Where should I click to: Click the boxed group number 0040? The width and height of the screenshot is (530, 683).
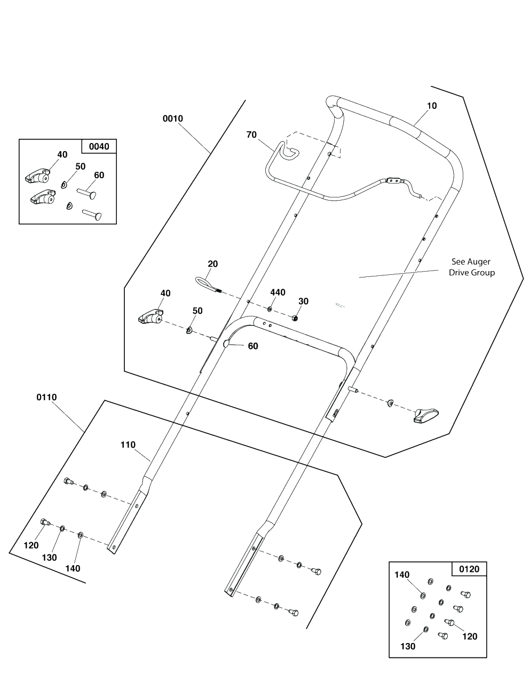[x=98, y=146]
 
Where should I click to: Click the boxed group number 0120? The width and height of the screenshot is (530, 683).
[x=469, y=569]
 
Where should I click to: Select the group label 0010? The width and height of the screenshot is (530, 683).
[x=173, y=118]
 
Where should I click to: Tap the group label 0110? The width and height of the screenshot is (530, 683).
[x=46, y=398]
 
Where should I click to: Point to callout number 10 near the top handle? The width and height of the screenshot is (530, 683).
[x=432, y=106]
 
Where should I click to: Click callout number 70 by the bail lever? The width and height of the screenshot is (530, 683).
[x=251, y=135]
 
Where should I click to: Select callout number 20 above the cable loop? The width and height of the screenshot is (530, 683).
[x=212, y=264]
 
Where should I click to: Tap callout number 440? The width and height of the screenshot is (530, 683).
[x=278, y=292]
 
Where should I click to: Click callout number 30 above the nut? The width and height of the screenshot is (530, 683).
[x=303, y=301]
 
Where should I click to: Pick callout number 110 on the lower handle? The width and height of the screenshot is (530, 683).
[x=128, y=445]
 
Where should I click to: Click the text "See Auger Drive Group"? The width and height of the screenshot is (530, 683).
[x=471, y=267]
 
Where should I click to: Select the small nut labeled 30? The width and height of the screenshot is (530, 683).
[x=295, y=318]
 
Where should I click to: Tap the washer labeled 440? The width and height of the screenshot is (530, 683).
[x=270, y=309]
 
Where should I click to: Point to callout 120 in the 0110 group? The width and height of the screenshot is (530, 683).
[x=31, y=545]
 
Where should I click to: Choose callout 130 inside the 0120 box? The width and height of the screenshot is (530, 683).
[x=407, y=647]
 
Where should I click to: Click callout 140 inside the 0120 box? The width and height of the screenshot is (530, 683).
[x=402, y=575]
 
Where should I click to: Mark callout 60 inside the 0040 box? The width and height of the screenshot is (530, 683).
[x=99, y=175]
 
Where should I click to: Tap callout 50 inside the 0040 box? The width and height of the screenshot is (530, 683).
[x=80, y=166]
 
